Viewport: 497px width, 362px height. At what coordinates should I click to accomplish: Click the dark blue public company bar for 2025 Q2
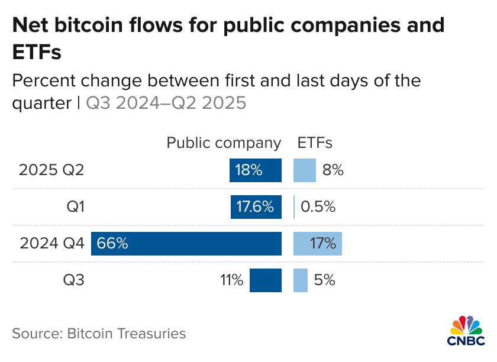pyautogui.click(x=256, y=170)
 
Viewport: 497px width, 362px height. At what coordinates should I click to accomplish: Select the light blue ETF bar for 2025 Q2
pyautogui.click(x=305, y=170)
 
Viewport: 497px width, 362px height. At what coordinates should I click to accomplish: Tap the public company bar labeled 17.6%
pyautogui.click(x=256, y=207)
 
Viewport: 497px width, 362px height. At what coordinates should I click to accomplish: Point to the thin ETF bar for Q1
pyautogui.click(x=294, y=207)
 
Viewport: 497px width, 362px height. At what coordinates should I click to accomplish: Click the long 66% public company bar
pyautogui.click(x=186, y=243)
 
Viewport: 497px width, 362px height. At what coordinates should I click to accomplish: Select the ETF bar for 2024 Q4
pyautogui.click(x=318, y=243)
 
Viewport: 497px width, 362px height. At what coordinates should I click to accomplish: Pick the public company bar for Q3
pyautogui.click(x=266, y=280)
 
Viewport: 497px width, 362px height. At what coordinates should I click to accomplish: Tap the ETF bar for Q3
pyautogui.click(x=301, y=280)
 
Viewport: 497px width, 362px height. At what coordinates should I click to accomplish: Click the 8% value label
pyautogui.click(x=333, y=170)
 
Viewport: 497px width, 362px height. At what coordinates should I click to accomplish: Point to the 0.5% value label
pyautogui.click(x=318, y=207)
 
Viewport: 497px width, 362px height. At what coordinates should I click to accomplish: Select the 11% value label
pyautogui.click(x=231, y=280)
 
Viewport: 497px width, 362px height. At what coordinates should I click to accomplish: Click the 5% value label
pyautogui.click(x=325, y=280)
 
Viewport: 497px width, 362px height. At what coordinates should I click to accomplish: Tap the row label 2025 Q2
pyautogui.click(x=51, y=170)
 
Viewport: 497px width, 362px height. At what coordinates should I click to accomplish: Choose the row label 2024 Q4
pyautogui.click(x=51, y=243)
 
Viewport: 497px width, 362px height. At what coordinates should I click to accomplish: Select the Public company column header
pyautogui.click(x=224, y=143)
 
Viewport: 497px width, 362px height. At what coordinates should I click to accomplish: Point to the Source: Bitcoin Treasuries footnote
pyautogui.click(x=99, y=334)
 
